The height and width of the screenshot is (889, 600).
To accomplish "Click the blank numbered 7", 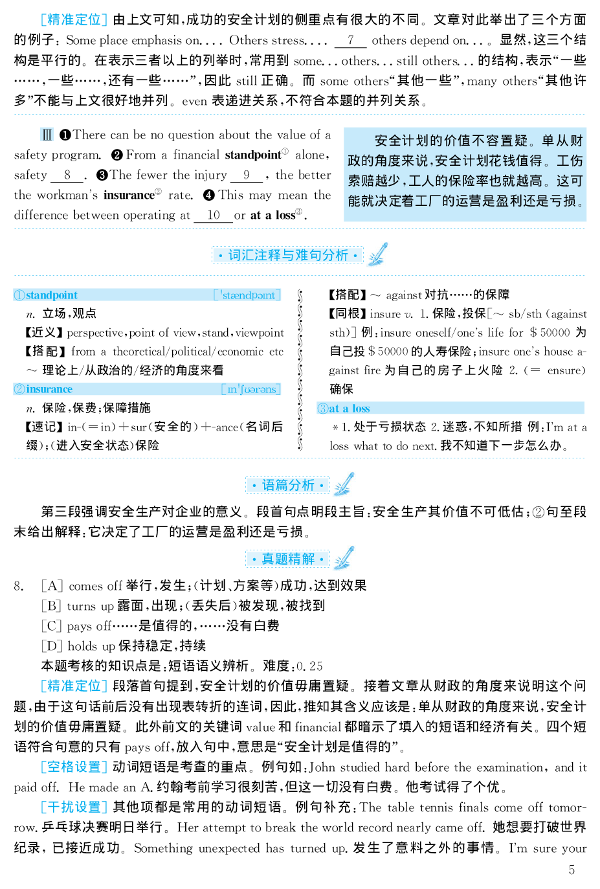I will click(x=350, y=40).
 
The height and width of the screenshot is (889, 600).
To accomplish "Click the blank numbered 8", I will click(x=67, y=175).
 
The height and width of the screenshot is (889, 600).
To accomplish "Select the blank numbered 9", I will click(x=247, y=175).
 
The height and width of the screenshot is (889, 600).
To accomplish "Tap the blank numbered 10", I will click(x=214, y=215).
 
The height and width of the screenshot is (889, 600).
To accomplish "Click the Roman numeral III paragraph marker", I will click(x=47, y=135).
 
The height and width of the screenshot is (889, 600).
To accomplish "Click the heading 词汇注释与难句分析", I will click(x=288, y=255).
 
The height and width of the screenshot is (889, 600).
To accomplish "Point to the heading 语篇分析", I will click(x=288, y=485).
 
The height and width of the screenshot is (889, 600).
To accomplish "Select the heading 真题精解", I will click(x=288, y=559).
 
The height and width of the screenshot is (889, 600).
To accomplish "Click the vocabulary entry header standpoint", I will click(x=52, y=295).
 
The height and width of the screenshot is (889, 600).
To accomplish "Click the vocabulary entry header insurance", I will click(x=49, y=389).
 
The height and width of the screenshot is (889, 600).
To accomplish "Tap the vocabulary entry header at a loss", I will click(x=350, y=409).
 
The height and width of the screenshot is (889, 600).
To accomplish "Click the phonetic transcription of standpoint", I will click(x=248, y=295).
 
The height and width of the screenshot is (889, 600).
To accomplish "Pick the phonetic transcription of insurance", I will click(x=251, y=389).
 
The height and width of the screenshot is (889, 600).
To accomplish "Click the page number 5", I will click(x=572, y=870).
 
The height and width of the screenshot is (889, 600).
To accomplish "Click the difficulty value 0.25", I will click(x=309, y=666).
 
